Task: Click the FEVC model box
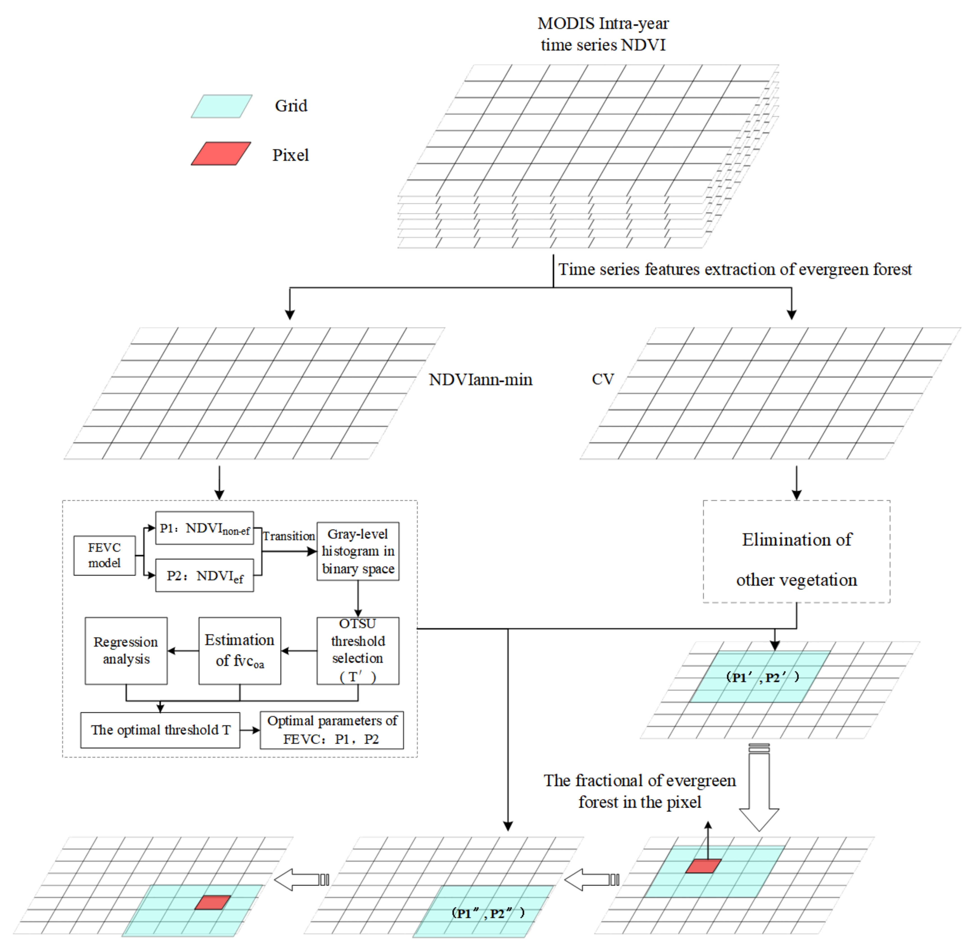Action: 104,555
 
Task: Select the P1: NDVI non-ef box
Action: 205,528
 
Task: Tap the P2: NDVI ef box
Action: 205,576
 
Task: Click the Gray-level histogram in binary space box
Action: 358,551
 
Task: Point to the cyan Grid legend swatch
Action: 222,106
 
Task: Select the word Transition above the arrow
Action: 289,536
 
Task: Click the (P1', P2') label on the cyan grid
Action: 762,678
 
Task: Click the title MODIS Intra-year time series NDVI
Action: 603,34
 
